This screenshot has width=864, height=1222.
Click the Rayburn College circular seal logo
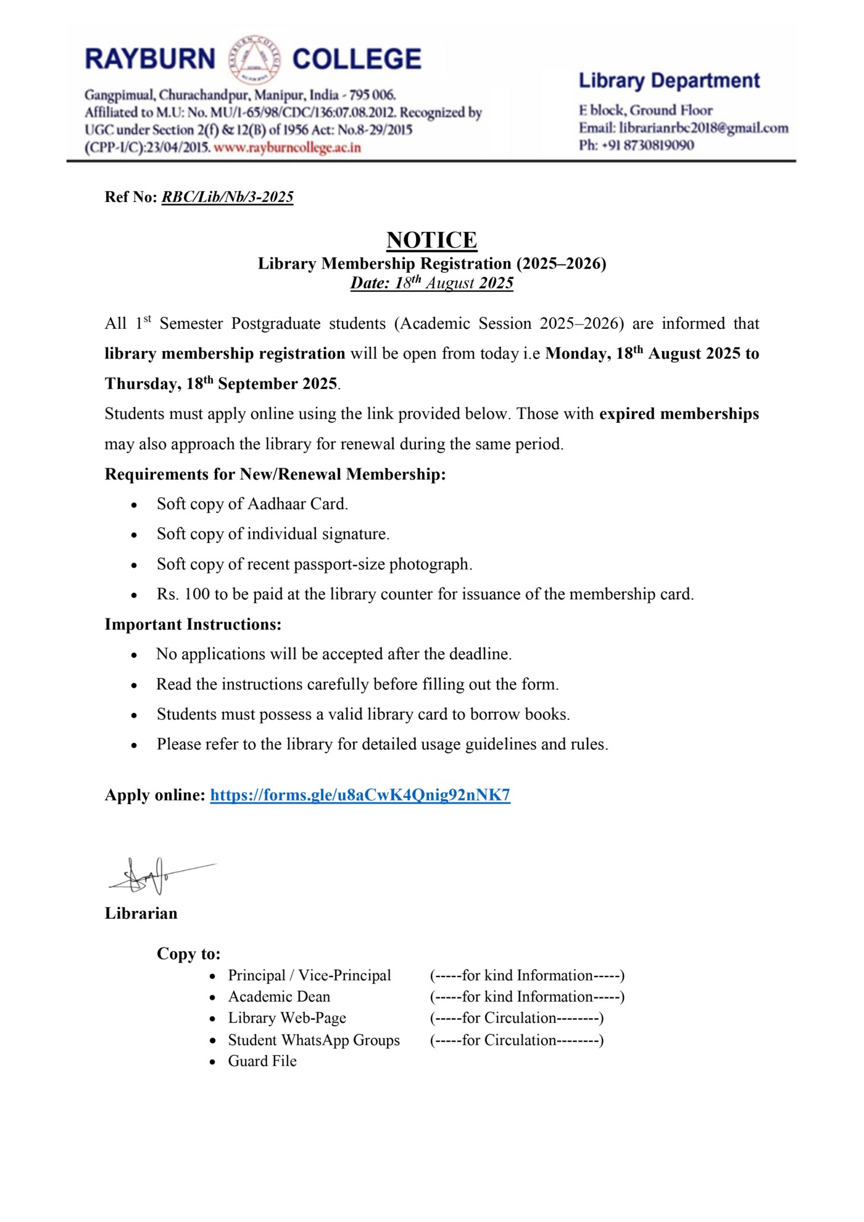(254, 60)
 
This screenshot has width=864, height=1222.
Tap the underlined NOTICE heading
(431, 239)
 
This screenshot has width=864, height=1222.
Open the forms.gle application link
(360, 795)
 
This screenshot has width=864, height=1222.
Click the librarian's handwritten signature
(154, 875)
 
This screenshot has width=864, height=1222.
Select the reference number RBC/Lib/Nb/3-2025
(227, 197)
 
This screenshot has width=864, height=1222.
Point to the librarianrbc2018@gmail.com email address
(704, 128)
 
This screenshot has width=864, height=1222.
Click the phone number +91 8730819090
(648, 145)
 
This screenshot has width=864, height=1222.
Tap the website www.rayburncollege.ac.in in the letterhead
(287, 148)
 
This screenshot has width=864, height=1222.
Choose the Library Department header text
(669, 81)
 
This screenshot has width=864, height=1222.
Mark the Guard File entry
(262, 1061)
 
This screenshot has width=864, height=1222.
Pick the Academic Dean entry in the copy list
(279, 997)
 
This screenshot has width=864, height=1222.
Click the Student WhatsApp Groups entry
(314, 1040)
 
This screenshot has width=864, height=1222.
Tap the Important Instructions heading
(193, 624)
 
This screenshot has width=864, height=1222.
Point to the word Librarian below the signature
(141, 913)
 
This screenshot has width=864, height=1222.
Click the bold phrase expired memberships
(679, 414)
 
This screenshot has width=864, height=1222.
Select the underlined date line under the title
(431, 283)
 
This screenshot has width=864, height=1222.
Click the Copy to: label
(188, 954)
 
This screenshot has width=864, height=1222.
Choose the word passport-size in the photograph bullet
(339, 564)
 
